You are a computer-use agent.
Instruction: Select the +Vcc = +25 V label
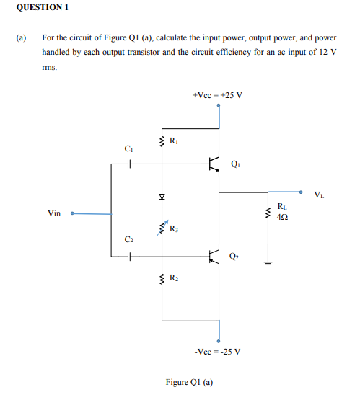(218, 94)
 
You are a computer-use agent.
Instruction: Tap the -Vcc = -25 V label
(218, 352)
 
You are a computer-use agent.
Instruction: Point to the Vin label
(54, 213)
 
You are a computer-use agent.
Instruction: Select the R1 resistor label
(172, 140)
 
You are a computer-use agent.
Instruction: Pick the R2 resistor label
(173, 277)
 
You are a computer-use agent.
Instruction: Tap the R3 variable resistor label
(173, 229)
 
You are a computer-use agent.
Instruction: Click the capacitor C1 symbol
(128, 165)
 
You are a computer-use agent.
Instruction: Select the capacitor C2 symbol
(128, 256)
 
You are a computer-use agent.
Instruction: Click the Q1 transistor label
(236, 163)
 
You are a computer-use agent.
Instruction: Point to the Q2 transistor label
(234, 255)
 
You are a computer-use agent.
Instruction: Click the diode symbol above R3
(162, 196)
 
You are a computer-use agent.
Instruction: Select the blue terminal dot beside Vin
(72, 213)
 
